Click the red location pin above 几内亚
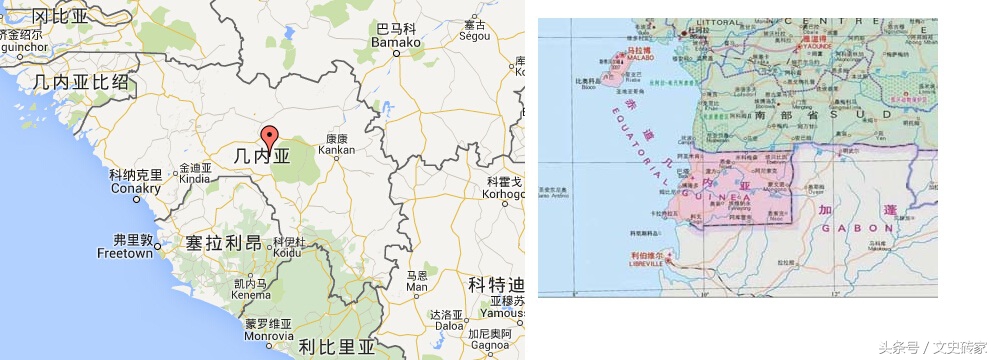pyautogui.click(x=269, y=137)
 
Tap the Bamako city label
pyautogui.click(x=393, y=43)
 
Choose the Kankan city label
pyautogui.click(x=336, y=150)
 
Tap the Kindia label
pyautogui.click(x=196, y=180)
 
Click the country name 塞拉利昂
pyautogui.click(x=223, y=243)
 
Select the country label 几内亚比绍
pyautogui.click(x=81, y=82)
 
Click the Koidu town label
pyautogui.click(x=288, y=253)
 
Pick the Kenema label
pyautogui.click(x=250, y=295)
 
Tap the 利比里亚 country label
pyautogui.click(x=335, y=347)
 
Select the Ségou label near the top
pyautogui.click(x=473, y=35)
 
